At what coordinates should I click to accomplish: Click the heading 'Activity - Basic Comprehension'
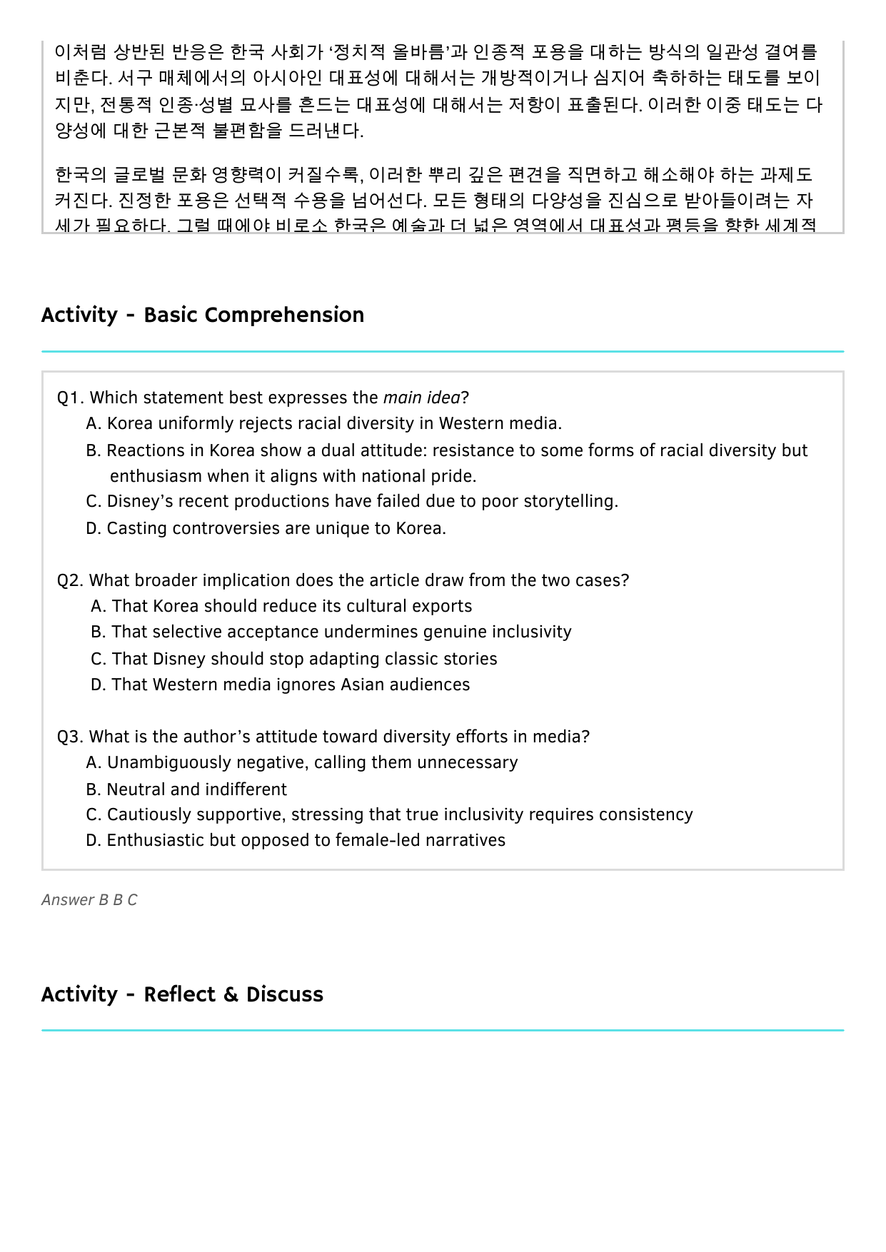click(203, 315)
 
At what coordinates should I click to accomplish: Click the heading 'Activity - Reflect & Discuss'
click(182, 994)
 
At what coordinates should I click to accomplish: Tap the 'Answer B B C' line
click(89, 900)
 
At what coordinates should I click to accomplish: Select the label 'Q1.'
click(71, 398)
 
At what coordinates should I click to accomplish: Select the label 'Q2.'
click(71, 580)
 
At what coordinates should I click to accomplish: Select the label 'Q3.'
click(71, 737)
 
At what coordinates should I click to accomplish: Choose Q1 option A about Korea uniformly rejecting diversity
click(323, 423)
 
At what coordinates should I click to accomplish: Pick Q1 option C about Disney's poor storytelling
click(352, 501)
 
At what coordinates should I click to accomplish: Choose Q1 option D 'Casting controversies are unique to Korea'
click(266, 528)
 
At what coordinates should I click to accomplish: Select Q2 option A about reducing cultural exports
click(281, 606)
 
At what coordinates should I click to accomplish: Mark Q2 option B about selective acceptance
click(331, 632)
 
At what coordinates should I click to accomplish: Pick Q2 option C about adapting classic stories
click(294, 659)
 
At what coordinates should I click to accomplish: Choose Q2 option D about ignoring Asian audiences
click(281, 685)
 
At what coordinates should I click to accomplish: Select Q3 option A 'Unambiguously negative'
click(301, 762)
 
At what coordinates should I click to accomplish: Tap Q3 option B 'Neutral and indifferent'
click(186, 789)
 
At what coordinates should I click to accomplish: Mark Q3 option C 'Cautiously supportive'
click(389, 814)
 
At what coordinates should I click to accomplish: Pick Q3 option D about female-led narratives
click(296, 840)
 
